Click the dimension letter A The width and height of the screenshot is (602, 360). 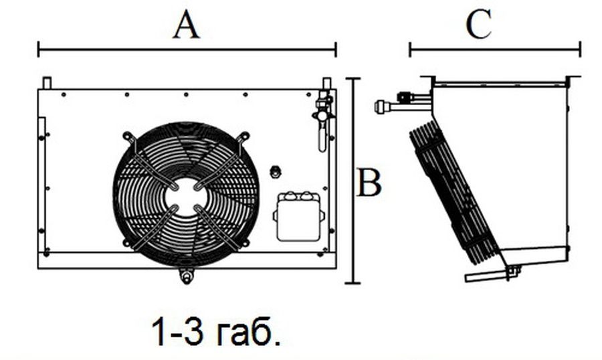pyautogui.click(x=187, y=25)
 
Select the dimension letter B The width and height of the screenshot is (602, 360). pyautogui.click(x=369, y=182)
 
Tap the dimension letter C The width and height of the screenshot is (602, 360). pyautogui.click(x=479, y=24)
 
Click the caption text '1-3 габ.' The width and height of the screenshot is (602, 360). pyautogui.click(x=216, y=331)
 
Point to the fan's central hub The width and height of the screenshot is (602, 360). pyautogui.click(x=186, y=196)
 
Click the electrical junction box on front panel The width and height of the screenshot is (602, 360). pyautogui.click(x=299, y=216)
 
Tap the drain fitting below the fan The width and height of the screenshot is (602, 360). pyautogui.click(x=187, y=276)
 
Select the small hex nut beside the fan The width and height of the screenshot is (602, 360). pyautogui.click(x=275, y=171)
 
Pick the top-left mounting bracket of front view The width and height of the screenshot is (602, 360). pyautogui.click(x=47, y=83)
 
